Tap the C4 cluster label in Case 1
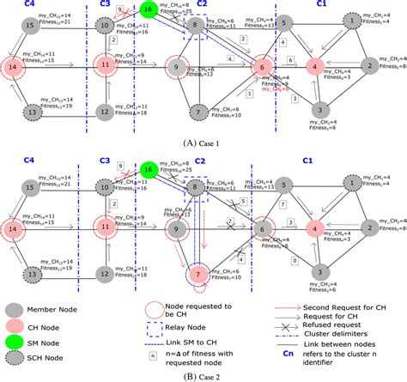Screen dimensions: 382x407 point(29,4)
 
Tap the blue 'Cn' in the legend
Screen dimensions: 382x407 point(286,352)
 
